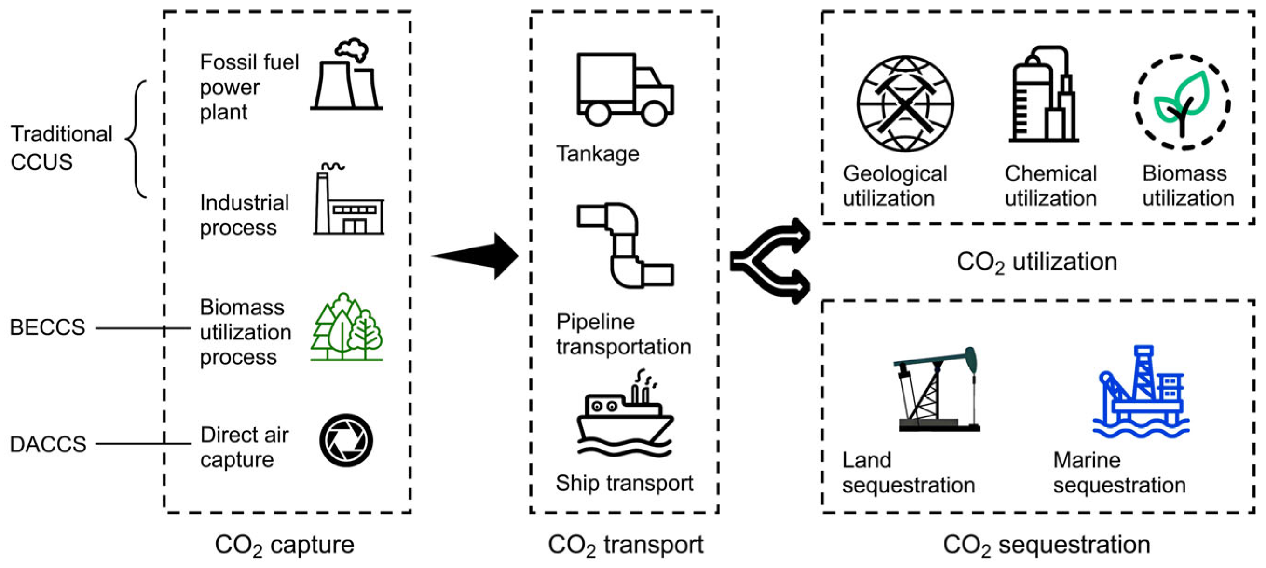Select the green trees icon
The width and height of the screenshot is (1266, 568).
tap(346, 327)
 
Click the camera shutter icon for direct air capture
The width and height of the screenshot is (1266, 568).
tap(346, 440)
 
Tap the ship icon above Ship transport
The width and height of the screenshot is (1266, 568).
tap(625, 418)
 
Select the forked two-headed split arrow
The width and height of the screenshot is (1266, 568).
tap(769, 261)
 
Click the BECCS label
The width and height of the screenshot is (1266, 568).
tap(47, 327)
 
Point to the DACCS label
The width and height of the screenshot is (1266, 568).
tap(48, 444)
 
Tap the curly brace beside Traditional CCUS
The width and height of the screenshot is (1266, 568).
tap(137, 139)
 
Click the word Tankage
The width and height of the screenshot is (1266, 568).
tap(597, 154)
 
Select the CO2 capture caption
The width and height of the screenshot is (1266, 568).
tap(284, 545)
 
